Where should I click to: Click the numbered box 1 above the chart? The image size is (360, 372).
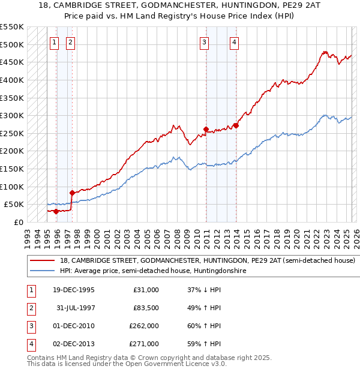(55, 42)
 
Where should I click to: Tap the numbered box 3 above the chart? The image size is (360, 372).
(205, 42)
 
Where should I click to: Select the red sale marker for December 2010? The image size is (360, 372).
(206, 129)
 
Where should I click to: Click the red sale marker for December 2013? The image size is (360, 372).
(236, 126)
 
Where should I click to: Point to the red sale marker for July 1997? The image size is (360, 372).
(72, 193)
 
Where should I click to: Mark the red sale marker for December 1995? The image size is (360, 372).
(56, 211)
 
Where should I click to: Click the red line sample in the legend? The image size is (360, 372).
(41, 261)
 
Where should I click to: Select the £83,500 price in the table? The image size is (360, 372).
(145, 308)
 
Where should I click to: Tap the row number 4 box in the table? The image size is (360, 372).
(30, 344)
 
